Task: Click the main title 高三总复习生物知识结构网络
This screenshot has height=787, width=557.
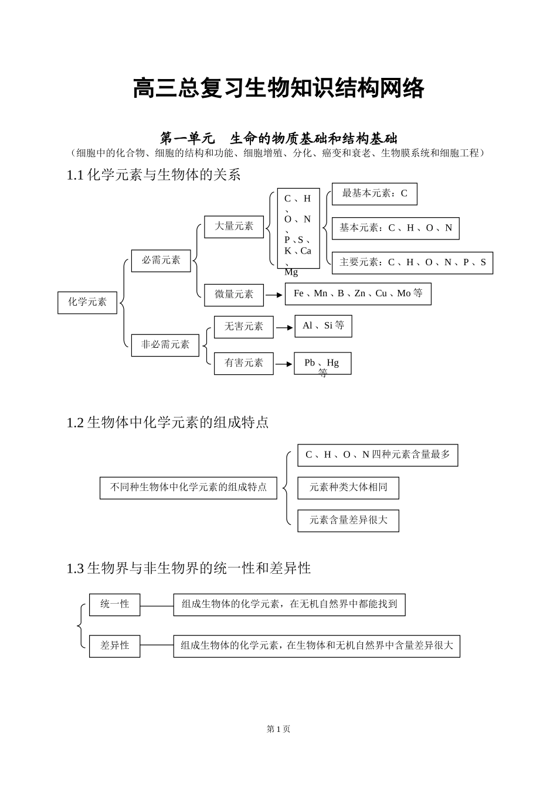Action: tap(278, 89)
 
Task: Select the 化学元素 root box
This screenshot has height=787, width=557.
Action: tap(87, 302)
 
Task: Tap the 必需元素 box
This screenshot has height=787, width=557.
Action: tap(161, 260)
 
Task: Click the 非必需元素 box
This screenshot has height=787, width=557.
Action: tap(165, 344)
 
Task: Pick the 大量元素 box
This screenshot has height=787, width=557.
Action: tap(234, 227)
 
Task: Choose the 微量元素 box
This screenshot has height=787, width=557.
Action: tap(234, 295)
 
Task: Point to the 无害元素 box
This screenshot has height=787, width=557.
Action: tap(244, 327)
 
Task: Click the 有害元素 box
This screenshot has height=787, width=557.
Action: tap(244, 363)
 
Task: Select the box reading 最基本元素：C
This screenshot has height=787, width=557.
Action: tap(374, 194)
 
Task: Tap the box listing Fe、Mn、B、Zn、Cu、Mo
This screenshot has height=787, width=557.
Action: tap(358, 294)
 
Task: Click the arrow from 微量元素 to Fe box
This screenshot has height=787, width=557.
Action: tap(274, 295)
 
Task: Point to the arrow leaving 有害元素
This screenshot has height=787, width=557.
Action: tap(284, 364)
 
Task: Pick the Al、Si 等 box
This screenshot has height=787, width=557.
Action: tap(323, 326)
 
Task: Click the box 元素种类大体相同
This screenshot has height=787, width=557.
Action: tap(348, 488)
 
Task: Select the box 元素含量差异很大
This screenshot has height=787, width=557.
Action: tap(348, 521)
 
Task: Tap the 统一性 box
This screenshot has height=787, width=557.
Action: tap(114, 604)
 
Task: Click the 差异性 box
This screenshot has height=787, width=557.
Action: tap(114, 646)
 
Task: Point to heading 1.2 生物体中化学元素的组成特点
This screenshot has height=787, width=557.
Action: tap(168, 422)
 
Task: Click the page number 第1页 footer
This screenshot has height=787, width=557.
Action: tap(278, 729)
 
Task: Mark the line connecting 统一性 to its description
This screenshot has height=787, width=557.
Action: tap(157, 605)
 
